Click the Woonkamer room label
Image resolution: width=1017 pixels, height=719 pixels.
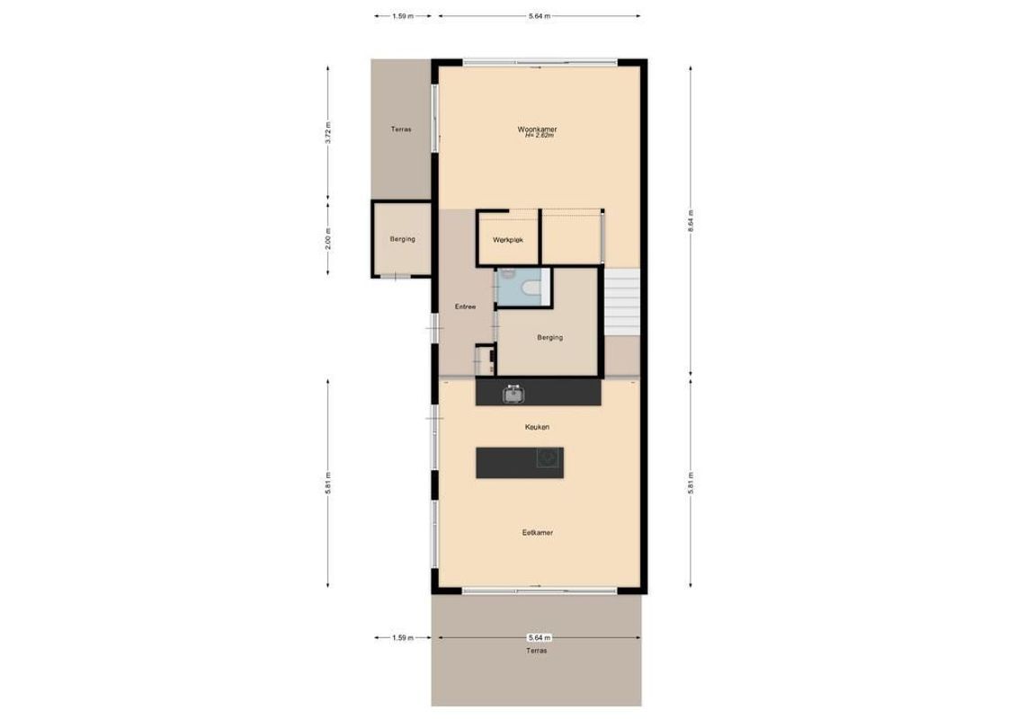[537, 129]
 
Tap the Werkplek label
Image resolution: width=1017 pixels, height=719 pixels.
[508, 240]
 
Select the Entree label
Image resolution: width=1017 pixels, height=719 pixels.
[465, 306]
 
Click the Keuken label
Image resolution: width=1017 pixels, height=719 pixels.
[537, 427]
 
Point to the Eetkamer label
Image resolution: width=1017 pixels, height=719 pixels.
[537, 533]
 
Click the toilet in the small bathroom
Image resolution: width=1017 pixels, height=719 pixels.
[531, 288]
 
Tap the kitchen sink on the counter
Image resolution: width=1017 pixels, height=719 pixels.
[513, 393]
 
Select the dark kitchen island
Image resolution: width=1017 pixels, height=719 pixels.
[519, 462]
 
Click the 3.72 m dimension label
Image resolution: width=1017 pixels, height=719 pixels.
[328, 133]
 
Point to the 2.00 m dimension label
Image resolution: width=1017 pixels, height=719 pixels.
[328, 240]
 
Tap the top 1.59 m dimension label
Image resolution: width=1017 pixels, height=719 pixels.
[403, 15]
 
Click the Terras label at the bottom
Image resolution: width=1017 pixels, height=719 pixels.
[537, 650]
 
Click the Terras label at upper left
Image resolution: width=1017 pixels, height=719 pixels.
[401, 129]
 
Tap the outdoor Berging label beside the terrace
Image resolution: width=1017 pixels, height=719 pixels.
[402, 239]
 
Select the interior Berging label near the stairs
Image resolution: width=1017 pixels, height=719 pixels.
[549, 338]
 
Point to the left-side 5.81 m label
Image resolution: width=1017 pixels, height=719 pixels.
[328, 482]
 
